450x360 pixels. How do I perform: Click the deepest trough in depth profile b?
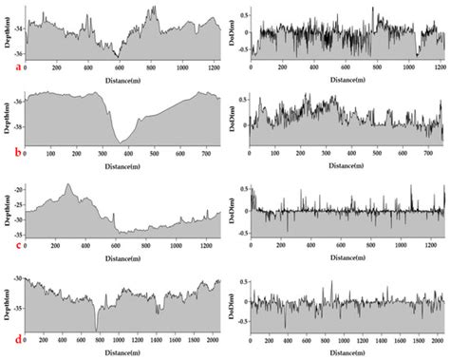[121, 143]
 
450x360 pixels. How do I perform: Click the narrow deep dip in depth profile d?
[97, 328]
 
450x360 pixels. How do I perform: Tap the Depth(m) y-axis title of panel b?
[7, 119]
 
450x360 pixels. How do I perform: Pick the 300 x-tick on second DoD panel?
[328, 155]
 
